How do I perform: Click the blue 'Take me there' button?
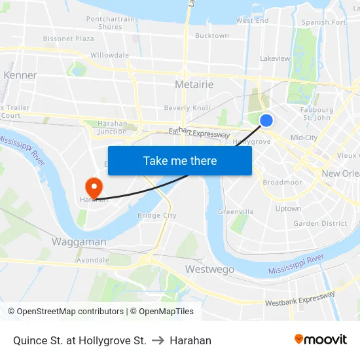click(x=180, y=160)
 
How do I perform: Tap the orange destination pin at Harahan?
click(x=94, y=187)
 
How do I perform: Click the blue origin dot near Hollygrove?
click(x=266, y=120)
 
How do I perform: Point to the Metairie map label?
click(x=194, y=85)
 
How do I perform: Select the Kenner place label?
click(x=20, y=75)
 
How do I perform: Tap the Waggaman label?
click(x=79, y=242)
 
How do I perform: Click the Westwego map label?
click(x=209, y=269)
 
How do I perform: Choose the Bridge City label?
click(x=157, y=215)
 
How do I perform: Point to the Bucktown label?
click(x=212, y=36)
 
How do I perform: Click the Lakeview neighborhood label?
click(x=275, y=58)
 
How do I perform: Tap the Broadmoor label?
click(x=283, y=183)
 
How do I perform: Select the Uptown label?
click(x=288, y=209)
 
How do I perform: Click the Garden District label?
click(x=320, y=223)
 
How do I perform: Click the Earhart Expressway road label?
click(x=199, y=133)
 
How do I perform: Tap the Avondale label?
click(x=93, y=260)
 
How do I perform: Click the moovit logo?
click(x=321, y=340)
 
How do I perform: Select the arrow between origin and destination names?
click(x=158, y=340)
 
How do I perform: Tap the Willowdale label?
click(x=109, y=56)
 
